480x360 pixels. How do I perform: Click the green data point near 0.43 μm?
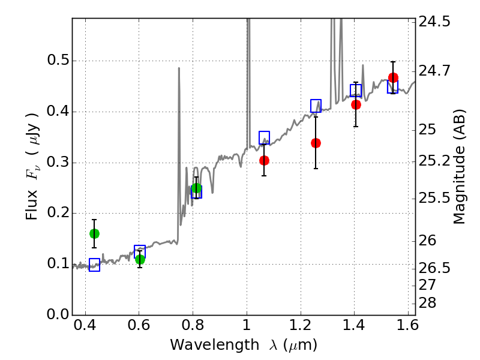point(94,234)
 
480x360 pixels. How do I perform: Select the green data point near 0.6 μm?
point(140,260)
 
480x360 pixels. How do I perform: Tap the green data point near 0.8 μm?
point(197,188)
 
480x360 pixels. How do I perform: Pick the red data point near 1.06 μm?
point(264,160)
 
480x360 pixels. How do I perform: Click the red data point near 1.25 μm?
point(316,143)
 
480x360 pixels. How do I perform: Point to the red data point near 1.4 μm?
point(356,104)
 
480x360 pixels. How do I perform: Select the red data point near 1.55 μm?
point(393,77)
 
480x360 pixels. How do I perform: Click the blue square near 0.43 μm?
point(94,265)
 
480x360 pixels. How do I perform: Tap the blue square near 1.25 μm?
point(316,106)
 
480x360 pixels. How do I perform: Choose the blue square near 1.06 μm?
point(264,138)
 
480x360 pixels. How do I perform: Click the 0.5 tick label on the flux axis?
point(58,61)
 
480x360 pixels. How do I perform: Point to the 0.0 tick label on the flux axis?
point(58,314)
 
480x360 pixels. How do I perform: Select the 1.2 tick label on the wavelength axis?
point(301,325)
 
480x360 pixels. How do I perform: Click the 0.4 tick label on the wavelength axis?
point(85,325)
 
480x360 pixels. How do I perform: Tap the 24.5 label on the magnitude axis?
point(434,22)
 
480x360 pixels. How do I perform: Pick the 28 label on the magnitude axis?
point(427,303)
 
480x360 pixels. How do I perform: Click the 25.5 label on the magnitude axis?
point(434,199)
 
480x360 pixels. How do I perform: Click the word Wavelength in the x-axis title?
point(214,345)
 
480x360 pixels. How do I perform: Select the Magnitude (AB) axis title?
point(459,167)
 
